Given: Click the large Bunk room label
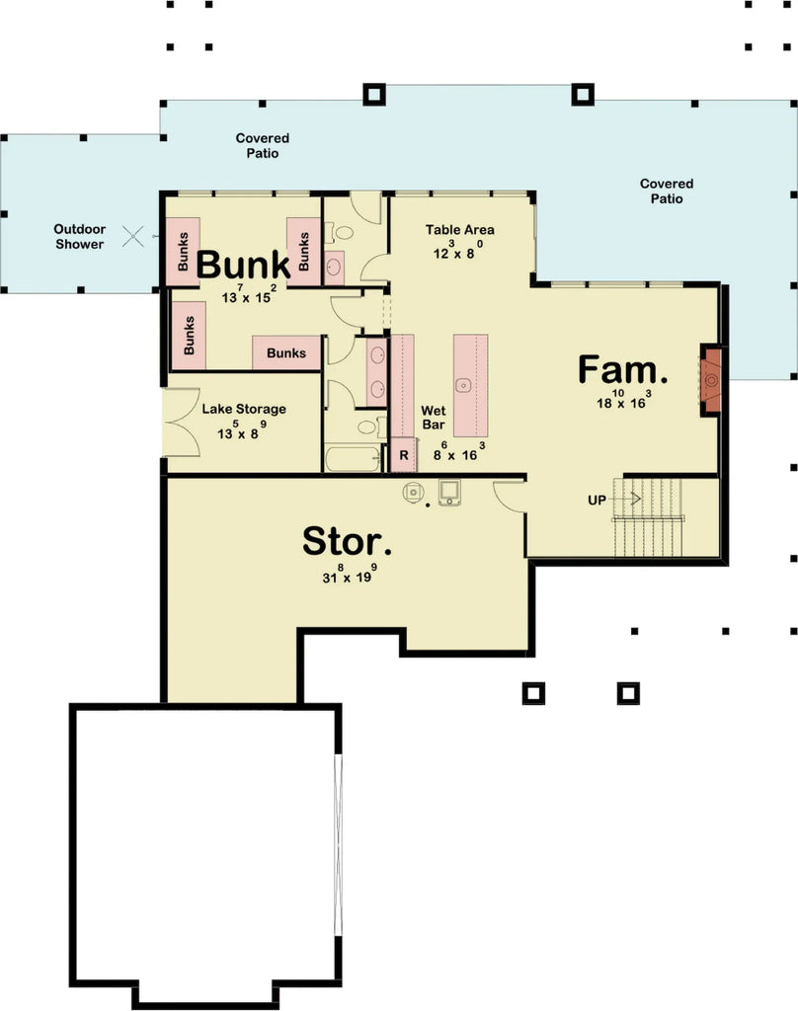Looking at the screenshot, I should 243,265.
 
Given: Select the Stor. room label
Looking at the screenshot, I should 347,541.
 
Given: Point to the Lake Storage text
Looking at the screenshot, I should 244,409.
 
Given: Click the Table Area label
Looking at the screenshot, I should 460,230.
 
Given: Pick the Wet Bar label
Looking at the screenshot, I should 435,417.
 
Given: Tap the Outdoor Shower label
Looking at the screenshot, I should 79,237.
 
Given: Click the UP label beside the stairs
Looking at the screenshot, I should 597,501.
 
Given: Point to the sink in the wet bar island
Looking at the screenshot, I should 462,383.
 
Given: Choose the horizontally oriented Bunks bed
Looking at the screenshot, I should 286,352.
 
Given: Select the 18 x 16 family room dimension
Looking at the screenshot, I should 623,401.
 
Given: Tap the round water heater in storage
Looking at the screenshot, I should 412,491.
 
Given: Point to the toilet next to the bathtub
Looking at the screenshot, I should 366,427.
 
